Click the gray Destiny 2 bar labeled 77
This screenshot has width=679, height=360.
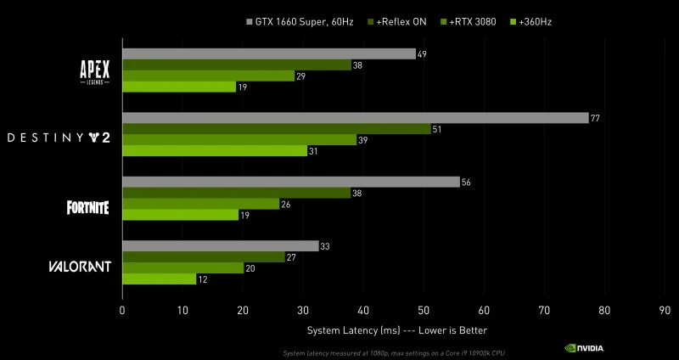(x=355, y=118)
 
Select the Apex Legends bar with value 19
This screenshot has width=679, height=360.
(x=179, y=87)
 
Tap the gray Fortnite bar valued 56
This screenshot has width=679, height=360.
(x=290, y=182)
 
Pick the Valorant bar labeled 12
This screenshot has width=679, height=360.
(x=159, y=278)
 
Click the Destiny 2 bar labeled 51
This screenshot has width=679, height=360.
(x=277, y=129)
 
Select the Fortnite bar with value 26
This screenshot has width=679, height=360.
(x=200, y=204)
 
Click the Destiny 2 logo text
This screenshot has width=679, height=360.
(x=59, y=137)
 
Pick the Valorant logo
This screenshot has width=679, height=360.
(x=78, y=267)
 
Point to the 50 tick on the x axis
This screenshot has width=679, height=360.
(x=424, y=311)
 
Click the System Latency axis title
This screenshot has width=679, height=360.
(x=396, y=329)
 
